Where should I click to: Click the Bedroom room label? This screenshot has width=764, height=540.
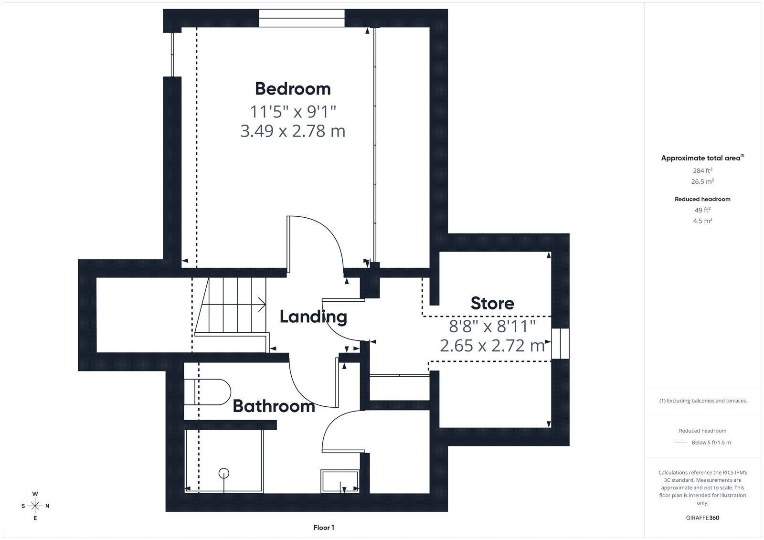(293, 89)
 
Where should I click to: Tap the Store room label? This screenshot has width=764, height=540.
(492, 303)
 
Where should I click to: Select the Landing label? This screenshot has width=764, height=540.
(313, 317)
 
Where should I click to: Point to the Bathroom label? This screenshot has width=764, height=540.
(274, 406)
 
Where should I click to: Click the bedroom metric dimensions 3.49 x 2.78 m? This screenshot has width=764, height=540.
(293, 131)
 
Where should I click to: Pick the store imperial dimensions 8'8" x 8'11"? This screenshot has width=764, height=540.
(492, 326)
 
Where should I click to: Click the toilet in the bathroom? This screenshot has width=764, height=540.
(207, 392)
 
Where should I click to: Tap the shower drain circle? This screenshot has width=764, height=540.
(224, 473)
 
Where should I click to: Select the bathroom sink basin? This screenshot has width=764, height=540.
(340, 481)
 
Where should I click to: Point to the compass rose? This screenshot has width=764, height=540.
(35, 506)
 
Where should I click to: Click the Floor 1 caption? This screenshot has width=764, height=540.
(324, 528)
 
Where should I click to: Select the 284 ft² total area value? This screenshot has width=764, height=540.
(702, 170)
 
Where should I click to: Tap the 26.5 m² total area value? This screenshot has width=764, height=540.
(702, 181)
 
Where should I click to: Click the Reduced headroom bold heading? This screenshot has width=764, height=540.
(702, 199)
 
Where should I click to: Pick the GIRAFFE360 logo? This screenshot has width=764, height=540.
(702, 518)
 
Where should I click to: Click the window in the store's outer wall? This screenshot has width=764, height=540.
(561, 343)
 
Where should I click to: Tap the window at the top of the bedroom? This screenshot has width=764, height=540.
(301, 18)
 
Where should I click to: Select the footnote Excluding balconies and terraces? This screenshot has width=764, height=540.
(702, 401)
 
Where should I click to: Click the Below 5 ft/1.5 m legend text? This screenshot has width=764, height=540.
(711, 443)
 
